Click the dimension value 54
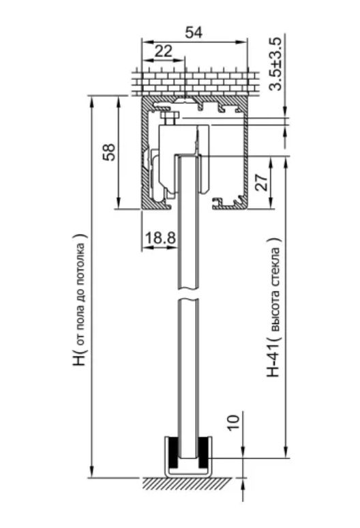tap(194, 32)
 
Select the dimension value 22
tap(163, 51)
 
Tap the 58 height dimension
tap(109, 152)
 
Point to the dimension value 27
tap(262, 183)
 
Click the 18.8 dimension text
tap(160, 238)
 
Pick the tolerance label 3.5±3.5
tap(275, 64)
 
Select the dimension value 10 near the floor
tap(234, 422)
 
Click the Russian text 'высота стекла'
tap(275, 290)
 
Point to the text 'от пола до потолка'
tap(81, 293)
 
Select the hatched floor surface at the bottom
tap(187, 484)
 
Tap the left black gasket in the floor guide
tap(173, 453)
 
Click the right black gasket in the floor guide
tap(203, 453)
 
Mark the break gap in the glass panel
tap(187, 293)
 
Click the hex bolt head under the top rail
tap(170, 118)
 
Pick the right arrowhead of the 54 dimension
tap(242, 42)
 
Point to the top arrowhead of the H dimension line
tap(91, 100)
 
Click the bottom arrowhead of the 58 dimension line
tap(119, 205)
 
